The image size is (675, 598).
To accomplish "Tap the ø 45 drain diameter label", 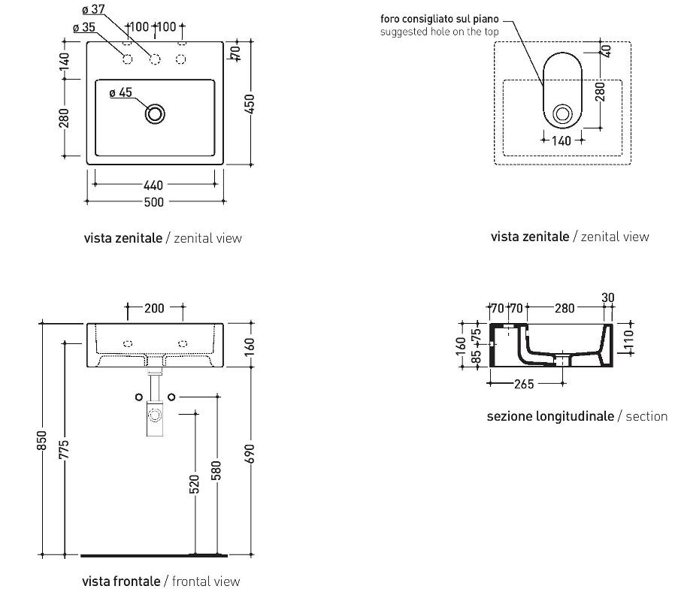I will pos(120,93).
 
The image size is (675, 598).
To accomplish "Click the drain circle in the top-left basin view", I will pos(155,114).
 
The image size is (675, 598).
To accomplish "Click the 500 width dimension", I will pos(154,201).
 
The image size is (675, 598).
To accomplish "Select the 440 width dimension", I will pos(154,185).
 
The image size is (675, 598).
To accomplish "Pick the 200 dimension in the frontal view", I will pos(155,307).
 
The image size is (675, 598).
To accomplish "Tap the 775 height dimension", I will pos(64,448).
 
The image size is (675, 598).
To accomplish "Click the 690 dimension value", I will pos(250,454).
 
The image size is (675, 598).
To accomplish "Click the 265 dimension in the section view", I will pos(524,384).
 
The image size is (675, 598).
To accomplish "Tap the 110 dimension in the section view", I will pos(628,341).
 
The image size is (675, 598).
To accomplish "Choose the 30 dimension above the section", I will pos(608,298).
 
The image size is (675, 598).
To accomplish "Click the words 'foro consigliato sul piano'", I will pos(439,20).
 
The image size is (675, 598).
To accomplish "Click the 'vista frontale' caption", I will pos(121,581).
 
